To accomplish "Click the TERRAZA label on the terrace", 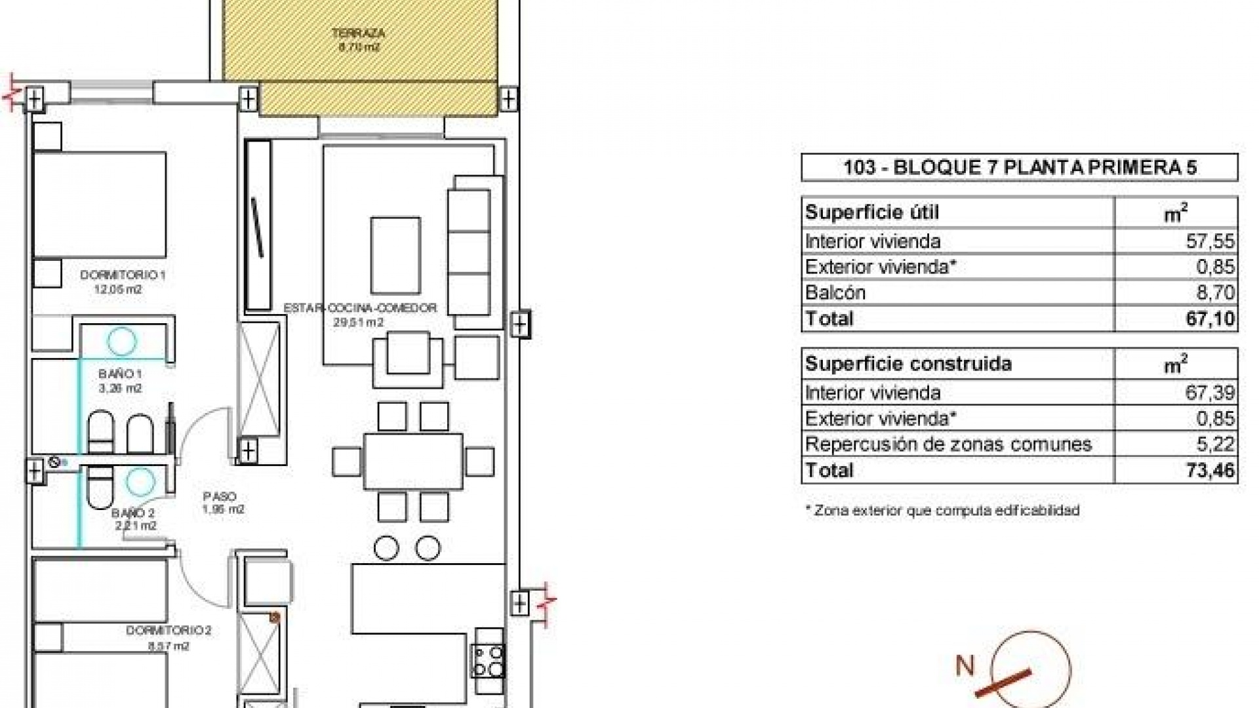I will point(358,33).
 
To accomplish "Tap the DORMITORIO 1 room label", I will point(123,275).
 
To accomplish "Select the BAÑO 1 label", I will point(121,374).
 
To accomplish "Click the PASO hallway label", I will point(220,497).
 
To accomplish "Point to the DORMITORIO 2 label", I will point(169,631).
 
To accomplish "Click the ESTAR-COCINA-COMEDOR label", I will point(360,308).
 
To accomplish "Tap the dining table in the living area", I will point(413,462).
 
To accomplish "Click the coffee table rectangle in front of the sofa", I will point(395,255).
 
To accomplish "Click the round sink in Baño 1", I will point(122,342).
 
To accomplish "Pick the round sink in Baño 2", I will point(139,482).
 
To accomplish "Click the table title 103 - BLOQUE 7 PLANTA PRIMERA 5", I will point(1019,167).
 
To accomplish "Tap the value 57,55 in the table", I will point(1210,241).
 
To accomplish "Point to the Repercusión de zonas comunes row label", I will point(948,444).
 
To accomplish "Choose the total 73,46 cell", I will point(1210,470).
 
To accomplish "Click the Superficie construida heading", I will point(908,364).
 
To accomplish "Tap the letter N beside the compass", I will point(965,666).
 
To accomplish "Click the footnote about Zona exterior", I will point(942,511).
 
